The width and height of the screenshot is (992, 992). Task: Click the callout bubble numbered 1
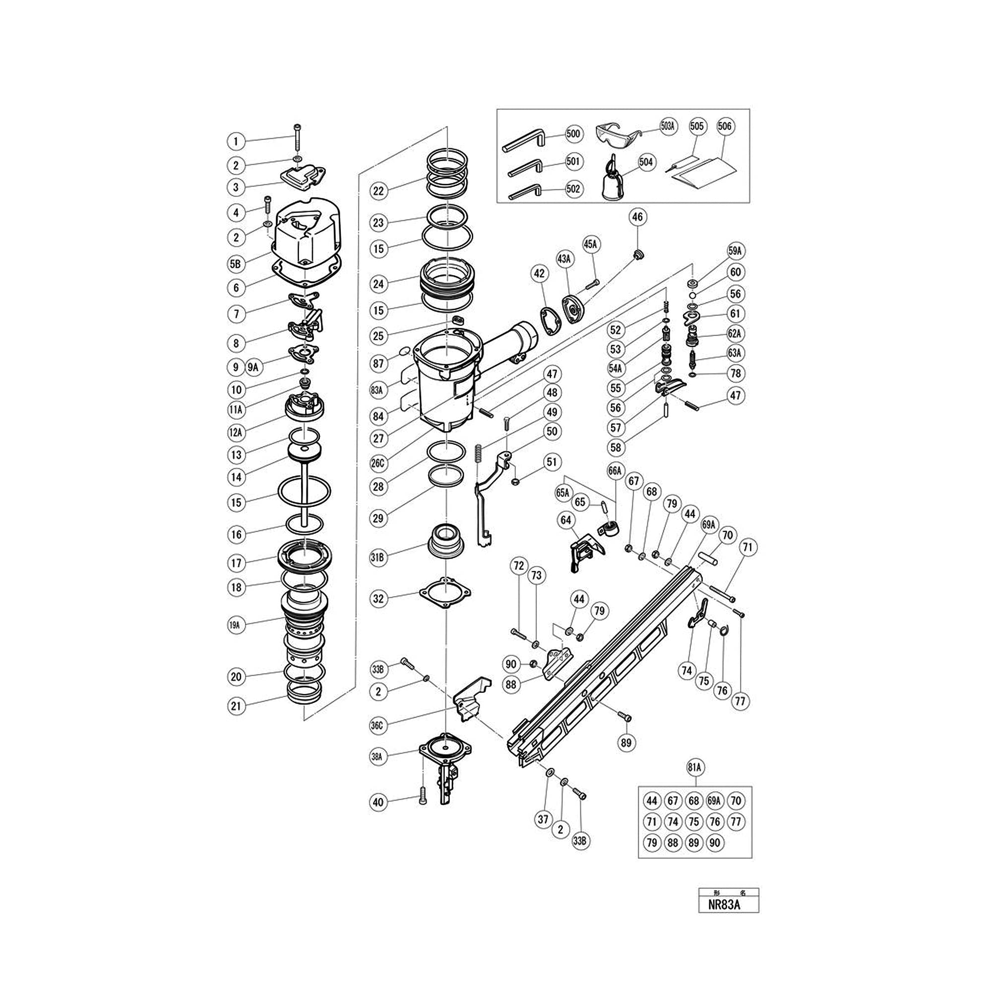point(236,141)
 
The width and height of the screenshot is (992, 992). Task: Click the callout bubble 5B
point(236,264)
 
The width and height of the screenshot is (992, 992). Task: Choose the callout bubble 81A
point(696,768)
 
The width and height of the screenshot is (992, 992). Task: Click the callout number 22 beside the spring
point(378,191)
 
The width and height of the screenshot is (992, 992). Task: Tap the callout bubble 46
point(637,217)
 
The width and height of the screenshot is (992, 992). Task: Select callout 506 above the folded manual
point(725,126)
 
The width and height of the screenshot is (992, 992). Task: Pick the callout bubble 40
point(378,802)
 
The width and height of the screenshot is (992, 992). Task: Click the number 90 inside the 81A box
point(715,843)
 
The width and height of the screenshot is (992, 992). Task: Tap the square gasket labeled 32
point(445,593)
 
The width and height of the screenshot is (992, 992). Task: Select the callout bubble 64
point(566,520)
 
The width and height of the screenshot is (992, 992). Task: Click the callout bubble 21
point(236,706)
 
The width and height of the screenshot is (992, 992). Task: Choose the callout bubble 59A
point(736,251)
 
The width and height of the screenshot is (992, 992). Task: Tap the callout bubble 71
point(747,548)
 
